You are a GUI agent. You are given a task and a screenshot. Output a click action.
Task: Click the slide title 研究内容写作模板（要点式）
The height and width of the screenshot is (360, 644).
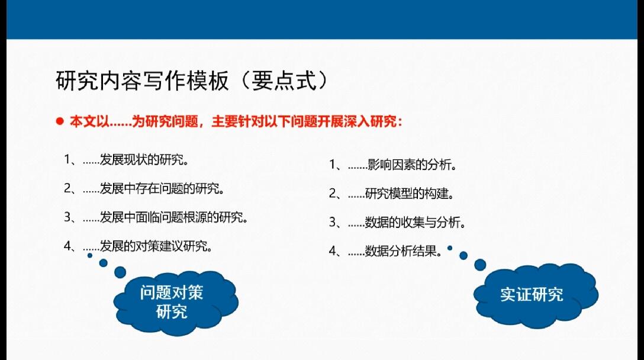coord(191,81)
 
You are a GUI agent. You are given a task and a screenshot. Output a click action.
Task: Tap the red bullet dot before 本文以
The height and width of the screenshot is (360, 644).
coord(60,121)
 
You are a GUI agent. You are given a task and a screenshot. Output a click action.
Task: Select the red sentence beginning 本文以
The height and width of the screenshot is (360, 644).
coord(236,121)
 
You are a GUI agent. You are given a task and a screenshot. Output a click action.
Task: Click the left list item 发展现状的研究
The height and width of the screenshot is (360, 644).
coord(126,159)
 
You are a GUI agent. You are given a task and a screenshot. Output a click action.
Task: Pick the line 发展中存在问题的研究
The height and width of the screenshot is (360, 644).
coord(144,188)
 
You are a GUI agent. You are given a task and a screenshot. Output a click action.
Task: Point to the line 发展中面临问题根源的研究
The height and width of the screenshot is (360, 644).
coord(156,217)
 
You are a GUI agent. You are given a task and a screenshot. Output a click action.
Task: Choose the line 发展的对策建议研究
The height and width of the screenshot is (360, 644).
coord(138,246)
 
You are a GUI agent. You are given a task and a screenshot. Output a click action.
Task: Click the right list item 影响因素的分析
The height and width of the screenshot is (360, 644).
coord(392,165)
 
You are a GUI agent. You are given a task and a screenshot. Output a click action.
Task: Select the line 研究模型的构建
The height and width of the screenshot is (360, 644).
coord(391,194)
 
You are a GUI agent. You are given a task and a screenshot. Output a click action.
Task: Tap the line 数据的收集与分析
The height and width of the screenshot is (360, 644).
coord(397,222)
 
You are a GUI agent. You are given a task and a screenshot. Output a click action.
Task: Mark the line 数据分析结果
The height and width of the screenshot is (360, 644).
coord(385,250)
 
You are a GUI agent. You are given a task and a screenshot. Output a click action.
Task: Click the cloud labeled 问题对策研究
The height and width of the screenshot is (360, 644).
coord(176,302)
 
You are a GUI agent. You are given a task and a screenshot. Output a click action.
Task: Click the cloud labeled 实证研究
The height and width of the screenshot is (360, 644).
coord(536,295)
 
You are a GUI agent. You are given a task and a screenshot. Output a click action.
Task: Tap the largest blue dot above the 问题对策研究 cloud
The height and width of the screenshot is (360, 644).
coord(120,272)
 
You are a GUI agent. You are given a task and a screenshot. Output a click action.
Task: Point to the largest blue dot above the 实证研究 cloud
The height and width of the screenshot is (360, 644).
coord(480,265)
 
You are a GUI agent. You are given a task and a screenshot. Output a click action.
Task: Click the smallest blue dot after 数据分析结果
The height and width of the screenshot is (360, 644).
coord(450,248)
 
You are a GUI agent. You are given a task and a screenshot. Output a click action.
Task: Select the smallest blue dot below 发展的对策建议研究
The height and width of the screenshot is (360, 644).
coord(90,256)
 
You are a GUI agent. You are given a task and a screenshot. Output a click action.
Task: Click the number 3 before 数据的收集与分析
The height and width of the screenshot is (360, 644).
coord(333,222)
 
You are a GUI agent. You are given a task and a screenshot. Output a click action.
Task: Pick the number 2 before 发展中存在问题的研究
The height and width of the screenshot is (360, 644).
coord(67,188)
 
